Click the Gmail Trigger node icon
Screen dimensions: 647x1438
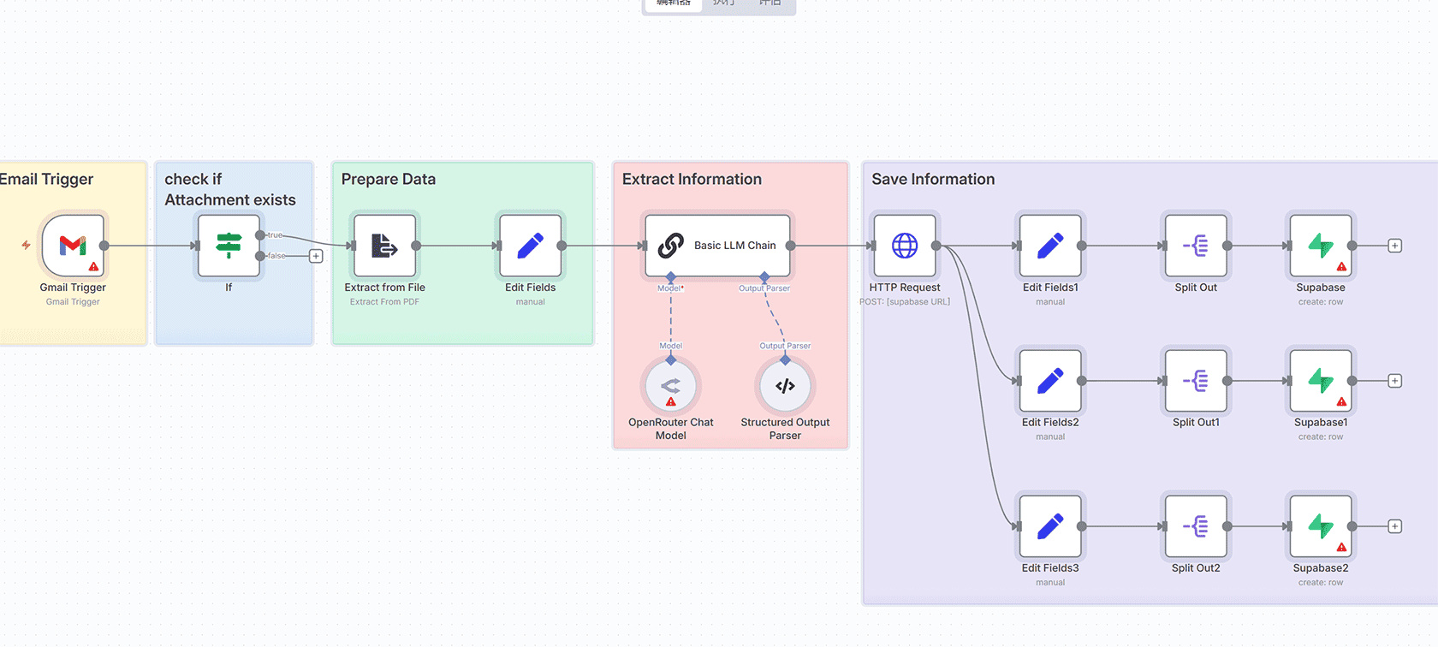pos(73,246)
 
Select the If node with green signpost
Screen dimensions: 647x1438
pos(229,246)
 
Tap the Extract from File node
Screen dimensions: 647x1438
pos(384,246)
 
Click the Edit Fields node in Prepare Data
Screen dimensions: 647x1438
pos(530,246)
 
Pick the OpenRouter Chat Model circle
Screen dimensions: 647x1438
pos(671,386)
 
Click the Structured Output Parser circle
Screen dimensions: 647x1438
pos(785,386)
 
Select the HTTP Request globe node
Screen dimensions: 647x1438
pos(905,246)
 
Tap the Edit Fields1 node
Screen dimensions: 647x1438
pos(1050,246)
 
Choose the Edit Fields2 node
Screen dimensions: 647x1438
pos(1050,381)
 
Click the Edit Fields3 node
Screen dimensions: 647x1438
pos(1050,526)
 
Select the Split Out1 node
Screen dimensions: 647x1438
pos(1196,381)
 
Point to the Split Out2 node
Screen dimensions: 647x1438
pos(1196,526)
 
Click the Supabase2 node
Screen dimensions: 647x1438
pos(1321,526)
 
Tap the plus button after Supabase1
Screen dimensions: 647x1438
pos(1394,381)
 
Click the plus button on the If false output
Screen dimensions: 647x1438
pos(316,256)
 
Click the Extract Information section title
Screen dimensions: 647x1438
pos(692,180)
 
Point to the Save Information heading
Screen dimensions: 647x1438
pos(933,180)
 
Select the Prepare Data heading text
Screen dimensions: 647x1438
pos(389,180)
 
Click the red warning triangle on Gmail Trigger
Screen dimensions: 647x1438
pos(93,267)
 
